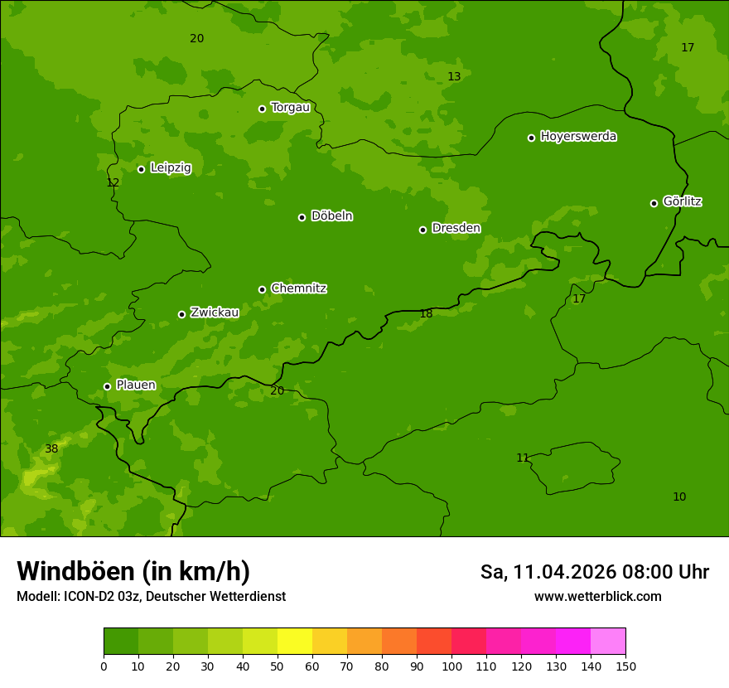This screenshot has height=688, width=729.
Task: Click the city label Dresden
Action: (456, 228)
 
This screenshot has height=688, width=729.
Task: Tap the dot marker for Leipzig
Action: (141, 169)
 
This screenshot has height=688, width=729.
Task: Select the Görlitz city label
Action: (682, 201)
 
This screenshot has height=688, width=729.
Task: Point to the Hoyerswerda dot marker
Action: (531, 138)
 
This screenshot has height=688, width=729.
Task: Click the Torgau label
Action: (290, 107)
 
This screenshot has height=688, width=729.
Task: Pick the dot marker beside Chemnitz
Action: (262, 289)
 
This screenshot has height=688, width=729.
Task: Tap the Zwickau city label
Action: (215, 313)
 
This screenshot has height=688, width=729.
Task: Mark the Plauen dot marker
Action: (107, 386)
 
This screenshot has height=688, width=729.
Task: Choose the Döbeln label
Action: (331, 216)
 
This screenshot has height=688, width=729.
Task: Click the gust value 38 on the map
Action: (51, 448)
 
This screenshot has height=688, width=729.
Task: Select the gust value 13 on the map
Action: (454, 76)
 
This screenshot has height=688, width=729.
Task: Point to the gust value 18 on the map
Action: (426, 313)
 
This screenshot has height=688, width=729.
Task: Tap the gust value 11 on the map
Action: (522, 458)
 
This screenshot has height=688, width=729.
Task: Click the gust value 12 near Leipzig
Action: (113, 182)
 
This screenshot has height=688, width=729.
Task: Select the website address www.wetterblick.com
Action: (597, 596)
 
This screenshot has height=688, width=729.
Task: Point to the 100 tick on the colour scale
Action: (451, 666)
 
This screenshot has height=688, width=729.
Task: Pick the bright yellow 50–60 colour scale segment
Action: (295, 642)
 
